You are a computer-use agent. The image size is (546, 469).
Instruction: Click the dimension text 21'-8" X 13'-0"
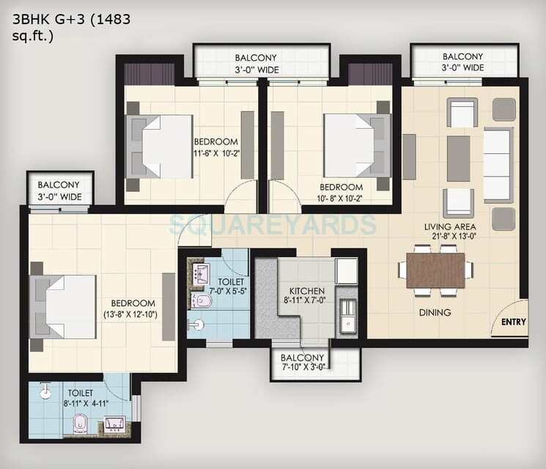pos(449,236)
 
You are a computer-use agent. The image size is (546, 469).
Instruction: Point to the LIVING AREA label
pos(449,226)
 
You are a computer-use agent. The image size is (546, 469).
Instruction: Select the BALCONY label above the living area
pos(462,56)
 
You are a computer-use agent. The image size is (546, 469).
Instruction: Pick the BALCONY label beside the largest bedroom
pos(59,185)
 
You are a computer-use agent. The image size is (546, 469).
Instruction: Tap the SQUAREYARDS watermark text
pos(273,223)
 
